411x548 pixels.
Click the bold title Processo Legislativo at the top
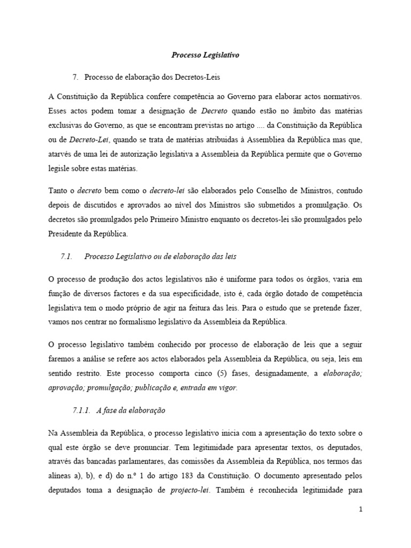click(x=205, y=55)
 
